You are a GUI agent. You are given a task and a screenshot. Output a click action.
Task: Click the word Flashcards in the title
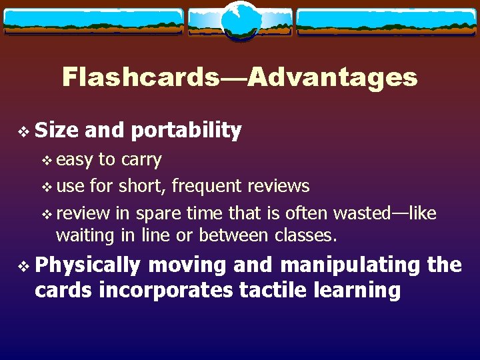click(141, 78)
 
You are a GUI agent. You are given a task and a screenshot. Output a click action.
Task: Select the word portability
click(186, 131)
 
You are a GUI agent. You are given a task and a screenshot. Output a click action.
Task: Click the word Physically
click(87, 265)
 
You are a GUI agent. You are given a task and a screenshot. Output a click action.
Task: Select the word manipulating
click(350, 265)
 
